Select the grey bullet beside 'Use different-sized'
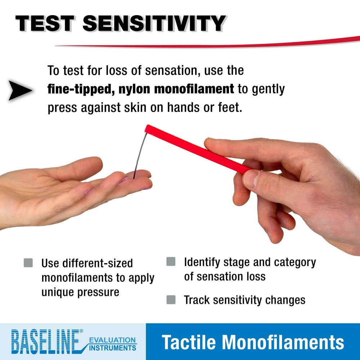click(28, 263)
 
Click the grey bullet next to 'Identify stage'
click(171, 262)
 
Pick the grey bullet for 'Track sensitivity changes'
click(171, 300)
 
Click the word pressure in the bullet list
click(98, 292)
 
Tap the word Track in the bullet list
click(198, 300)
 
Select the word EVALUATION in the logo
click(112, 340)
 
